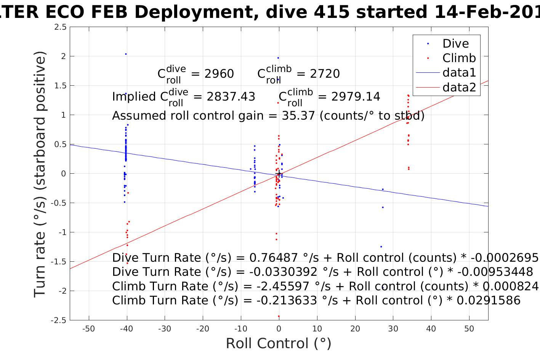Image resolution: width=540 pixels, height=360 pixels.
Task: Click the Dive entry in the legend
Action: click(x=455, y=43)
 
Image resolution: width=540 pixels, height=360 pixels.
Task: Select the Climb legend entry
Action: click(x=459, y=58)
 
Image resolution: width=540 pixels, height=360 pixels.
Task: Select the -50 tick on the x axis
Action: click(x=88, y=329)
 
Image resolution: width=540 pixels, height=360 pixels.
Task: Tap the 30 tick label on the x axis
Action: click(x=393, y=329)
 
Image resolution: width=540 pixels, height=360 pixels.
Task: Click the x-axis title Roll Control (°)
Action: click(x=279, y=343)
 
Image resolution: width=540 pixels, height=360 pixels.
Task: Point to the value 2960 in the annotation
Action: click(x=219, y=74)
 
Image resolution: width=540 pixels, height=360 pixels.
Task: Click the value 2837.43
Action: click(x=231, y=96)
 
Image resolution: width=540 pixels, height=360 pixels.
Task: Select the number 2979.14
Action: click(x=356, y=96)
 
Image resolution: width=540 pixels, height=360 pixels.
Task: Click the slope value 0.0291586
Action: click(x=488, y=301)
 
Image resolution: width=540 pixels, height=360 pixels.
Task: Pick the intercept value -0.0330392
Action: click(x=283, y=272)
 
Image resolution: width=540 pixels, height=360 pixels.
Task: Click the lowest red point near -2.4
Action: click(x=279, y=316)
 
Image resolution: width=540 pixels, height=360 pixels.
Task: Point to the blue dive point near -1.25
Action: click(x=381, y=246)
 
